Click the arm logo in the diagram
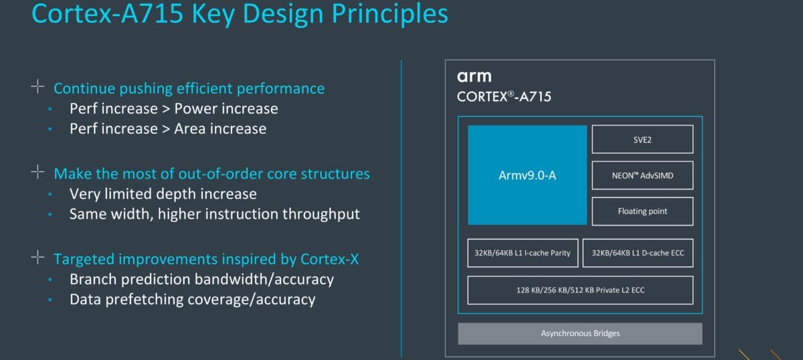coord(474,76)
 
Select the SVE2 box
coord(642,139)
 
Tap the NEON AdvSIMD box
coord(642,175)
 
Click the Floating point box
coord(642,211)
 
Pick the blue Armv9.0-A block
coord(527,175)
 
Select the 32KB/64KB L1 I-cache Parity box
coord(523,253)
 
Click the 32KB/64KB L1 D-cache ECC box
coord(638,253)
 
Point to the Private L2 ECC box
coord(580,290)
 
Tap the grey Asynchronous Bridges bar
coord(580,333)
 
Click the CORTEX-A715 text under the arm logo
coord(504,96)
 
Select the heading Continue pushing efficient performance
coord(189,88)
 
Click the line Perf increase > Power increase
coord(173,108)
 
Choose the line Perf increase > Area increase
coord(167,128)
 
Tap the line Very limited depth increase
coord(163,194)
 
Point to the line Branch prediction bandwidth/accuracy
coord(201,279)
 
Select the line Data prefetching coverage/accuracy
coord(192,299)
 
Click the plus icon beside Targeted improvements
coord(37,258)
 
